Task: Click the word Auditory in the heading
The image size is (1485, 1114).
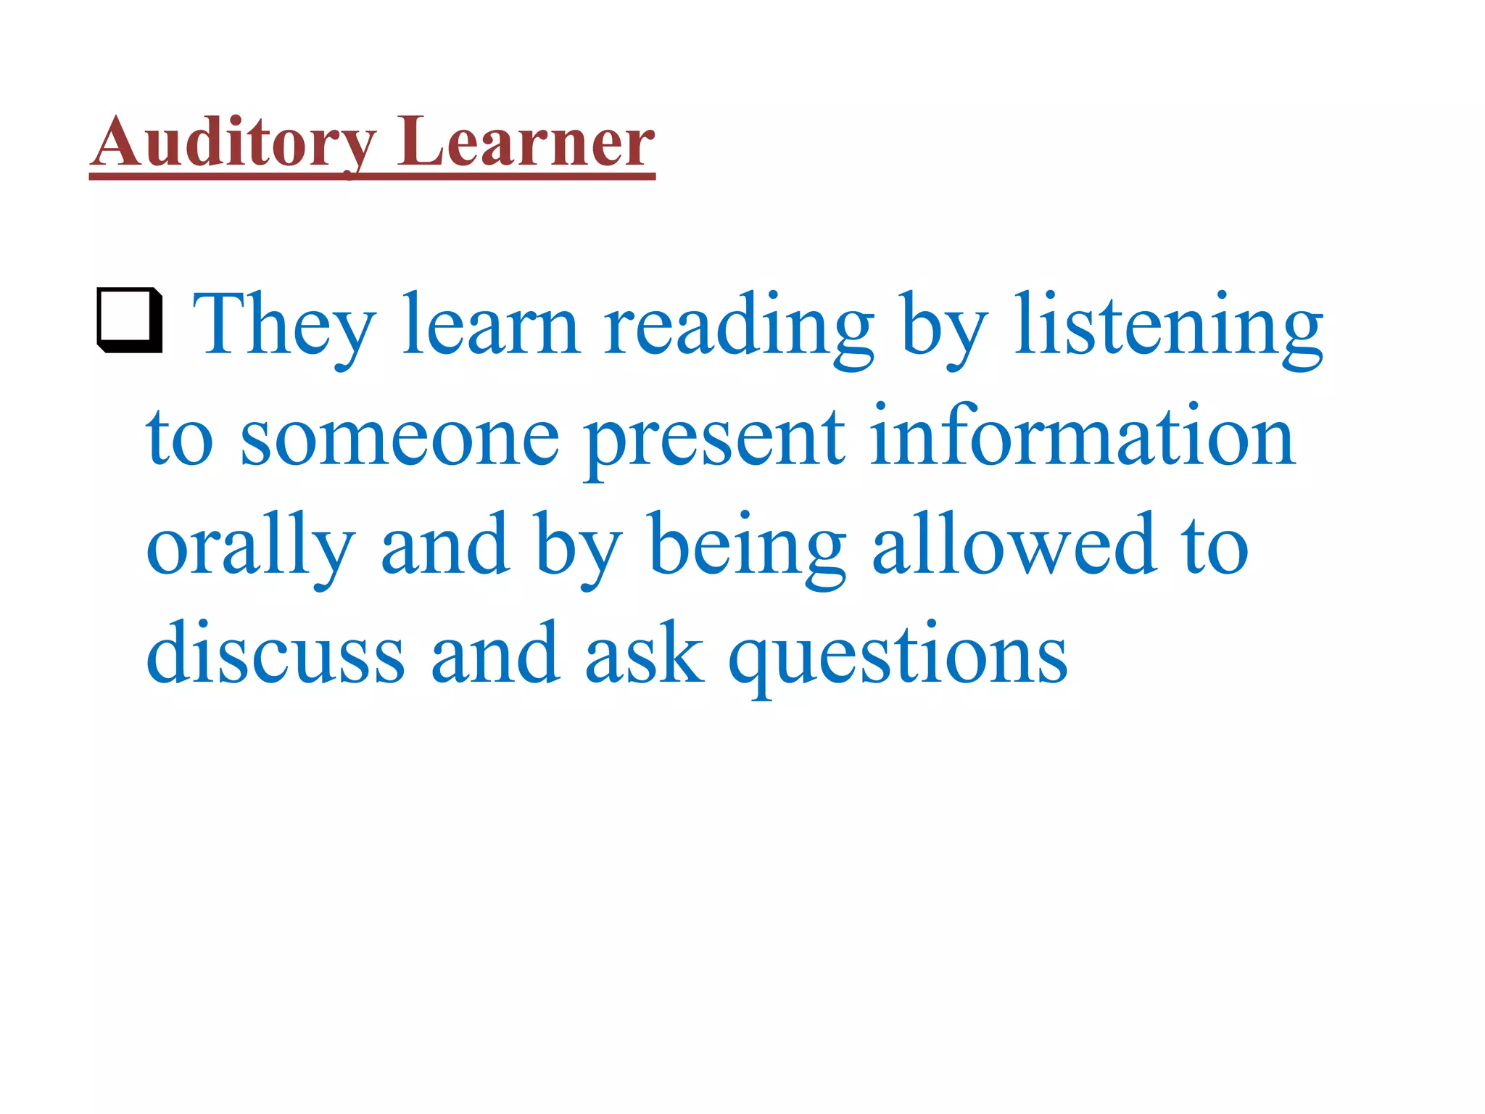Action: pyautogui.click(x=233, y=143)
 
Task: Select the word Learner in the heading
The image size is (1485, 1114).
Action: pyautogui.click(x=526, y=143)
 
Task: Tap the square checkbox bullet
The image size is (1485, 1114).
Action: pyautogui.click(x=130, y=321)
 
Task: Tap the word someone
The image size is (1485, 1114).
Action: pyautogui.click(x=400, y=437)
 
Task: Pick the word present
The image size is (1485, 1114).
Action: pyautogui.click(x=714, y=437)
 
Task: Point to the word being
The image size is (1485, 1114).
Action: pyautogui.click(x=748, y=545)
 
